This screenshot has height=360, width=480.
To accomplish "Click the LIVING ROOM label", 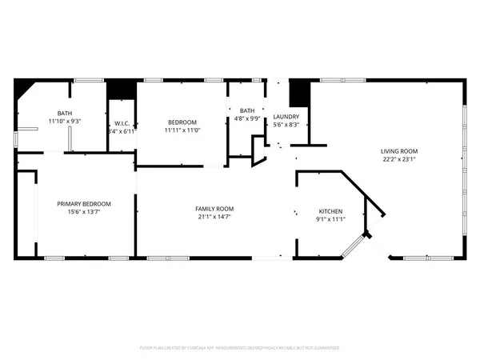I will [398, 151].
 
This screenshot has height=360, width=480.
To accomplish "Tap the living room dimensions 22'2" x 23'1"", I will [398, 159].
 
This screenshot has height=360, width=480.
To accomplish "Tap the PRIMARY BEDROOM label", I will [84, 204].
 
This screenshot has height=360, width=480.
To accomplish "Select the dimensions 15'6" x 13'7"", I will [84, 212].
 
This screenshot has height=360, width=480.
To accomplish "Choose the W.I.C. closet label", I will [122, 122].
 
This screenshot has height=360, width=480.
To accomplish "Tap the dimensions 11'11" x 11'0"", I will [182, 130].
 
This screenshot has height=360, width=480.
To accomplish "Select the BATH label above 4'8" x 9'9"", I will [247, 110].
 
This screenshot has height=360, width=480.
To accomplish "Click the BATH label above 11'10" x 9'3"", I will [64, 113].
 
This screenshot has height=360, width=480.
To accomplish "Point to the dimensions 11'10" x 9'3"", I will [64, 121].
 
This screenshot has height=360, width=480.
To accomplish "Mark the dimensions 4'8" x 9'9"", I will [247, 118].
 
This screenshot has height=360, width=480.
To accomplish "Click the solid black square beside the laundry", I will [298, 93].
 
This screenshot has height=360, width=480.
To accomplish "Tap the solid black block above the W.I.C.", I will [122, 89].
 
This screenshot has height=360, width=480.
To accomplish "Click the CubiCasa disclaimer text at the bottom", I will [240, 348].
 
